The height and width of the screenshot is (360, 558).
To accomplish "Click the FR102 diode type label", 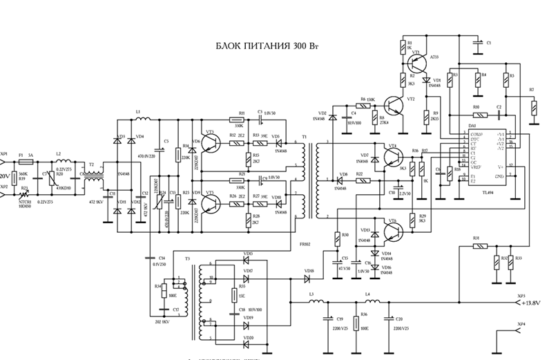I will click(305, 245).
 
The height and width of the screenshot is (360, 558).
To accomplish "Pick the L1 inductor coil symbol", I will click(146, 117).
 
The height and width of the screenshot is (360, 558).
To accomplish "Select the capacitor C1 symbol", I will click(478, 43).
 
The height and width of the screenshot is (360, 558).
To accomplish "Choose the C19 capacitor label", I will click(340, 319).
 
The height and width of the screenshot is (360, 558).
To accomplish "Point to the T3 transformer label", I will click(187, 257).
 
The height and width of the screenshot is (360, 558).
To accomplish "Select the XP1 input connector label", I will click(5, 153).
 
